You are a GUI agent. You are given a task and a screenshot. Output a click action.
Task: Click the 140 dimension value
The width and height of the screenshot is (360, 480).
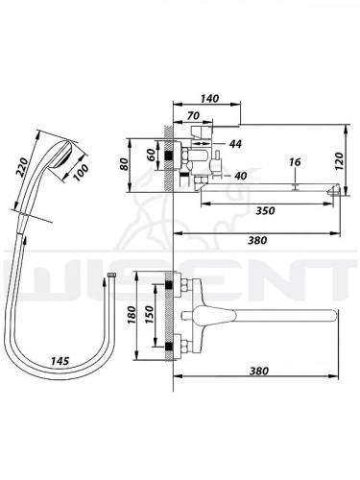pos(210,98)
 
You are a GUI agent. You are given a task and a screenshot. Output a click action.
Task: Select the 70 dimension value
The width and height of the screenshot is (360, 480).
pos(194,116)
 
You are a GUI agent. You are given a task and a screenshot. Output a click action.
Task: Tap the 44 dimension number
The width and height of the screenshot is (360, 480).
pos(235,144)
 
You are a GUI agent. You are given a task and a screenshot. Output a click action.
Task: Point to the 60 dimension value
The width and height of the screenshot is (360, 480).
pos(152,155)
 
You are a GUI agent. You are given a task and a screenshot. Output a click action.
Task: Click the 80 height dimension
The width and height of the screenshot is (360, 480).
pos(124,164)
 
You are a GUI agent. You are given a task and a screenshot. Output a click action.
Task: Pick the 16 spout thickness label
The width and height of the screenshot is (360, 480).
pos(295,162)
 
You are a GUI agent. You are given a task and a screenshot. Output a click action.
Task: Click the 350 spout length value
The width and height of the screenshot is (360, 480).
pos(265,210)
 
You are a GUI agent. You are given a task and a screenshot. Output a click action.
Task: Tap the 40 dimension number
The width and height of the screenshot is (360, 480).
pos(240,176)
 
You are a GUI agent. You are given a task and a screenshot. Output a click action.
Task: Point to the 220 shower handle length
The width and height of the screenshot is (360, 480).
pos(24,167)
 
